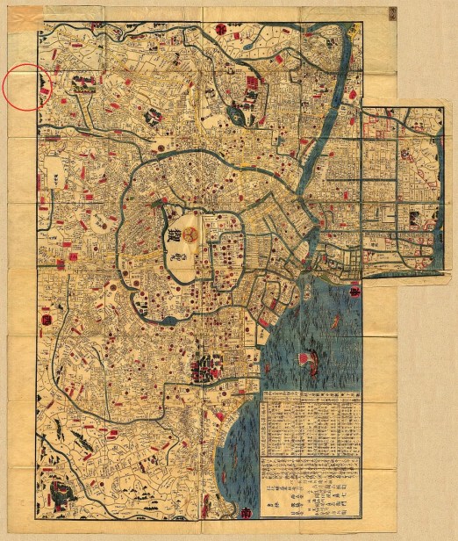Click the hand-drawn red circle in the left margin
pos(27,88)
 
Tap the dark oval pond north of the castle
pos(235,112)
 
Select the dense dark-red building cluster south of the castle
pos(204,368)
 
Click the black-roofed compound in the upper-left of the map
pos(84,84)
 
